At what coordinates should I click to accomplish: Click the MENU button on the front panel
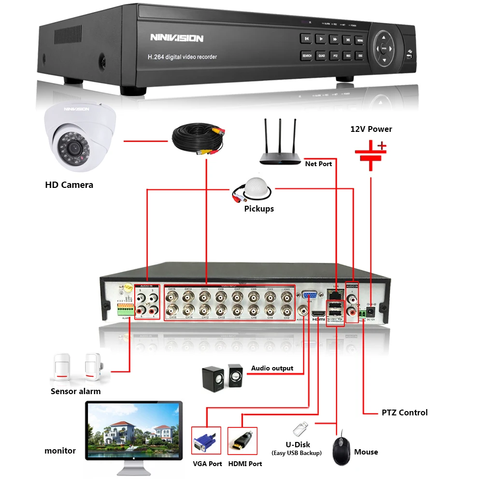(360, 40)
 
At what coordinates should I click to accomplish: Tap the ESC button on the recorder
(360, 56)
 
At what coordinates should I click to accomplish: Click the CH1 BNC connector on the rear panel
(286, 296)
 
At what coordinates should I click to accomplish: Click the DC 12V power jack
(371, 311)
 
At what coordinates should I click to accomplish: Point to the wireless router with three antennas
(280, 145)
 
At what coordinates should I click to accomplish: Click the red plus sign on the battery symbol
(382, 145)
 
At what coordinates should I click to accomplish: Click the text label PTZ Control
(404, 412)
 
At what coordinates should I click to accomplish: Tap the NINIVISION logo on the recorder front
(177, 38)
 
